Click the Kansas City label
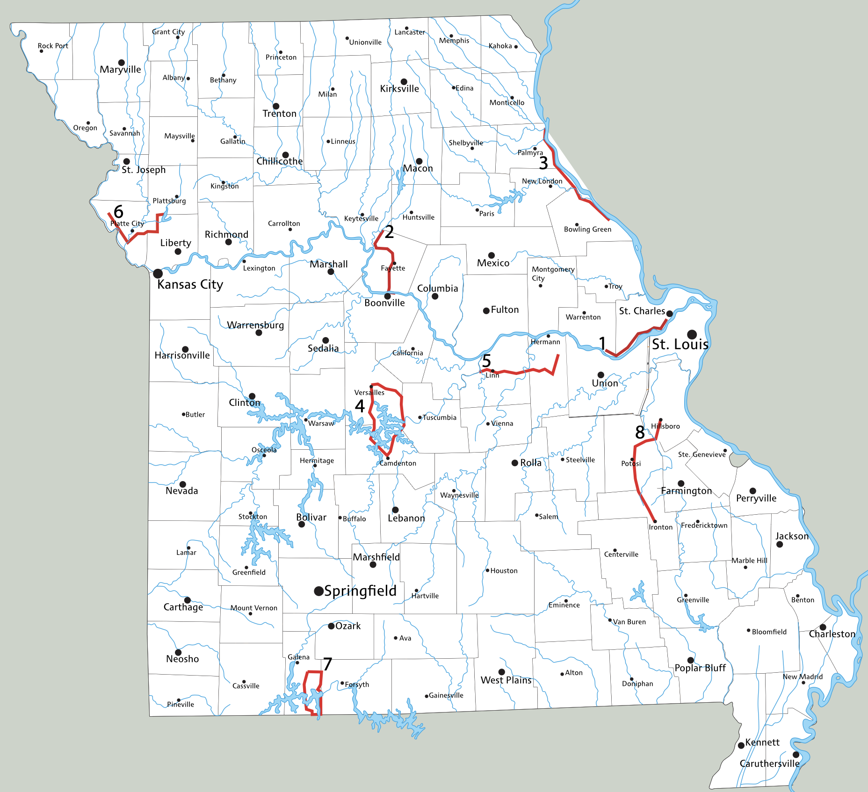190,285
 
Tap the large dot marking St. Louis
692,334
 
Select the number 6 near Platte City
118,212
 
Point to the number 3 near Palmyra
543,163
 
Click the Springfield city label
360,591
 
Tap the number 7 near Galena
327,664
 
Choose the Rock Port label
53,46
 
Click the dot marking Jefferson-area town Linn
492,371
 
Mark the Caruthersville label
769,763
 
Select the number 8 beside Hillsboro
640,432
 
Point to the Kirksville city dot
404,82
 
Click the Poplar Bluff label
700,668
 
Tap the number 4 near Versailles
360,406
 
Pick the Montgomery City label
552,274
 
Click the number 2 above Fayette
389,232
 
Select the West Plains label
506,680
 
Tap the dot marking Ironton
655,521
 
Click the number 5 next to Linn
486,361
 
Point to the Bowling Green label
587,230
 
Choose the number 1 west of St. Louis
602,343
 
